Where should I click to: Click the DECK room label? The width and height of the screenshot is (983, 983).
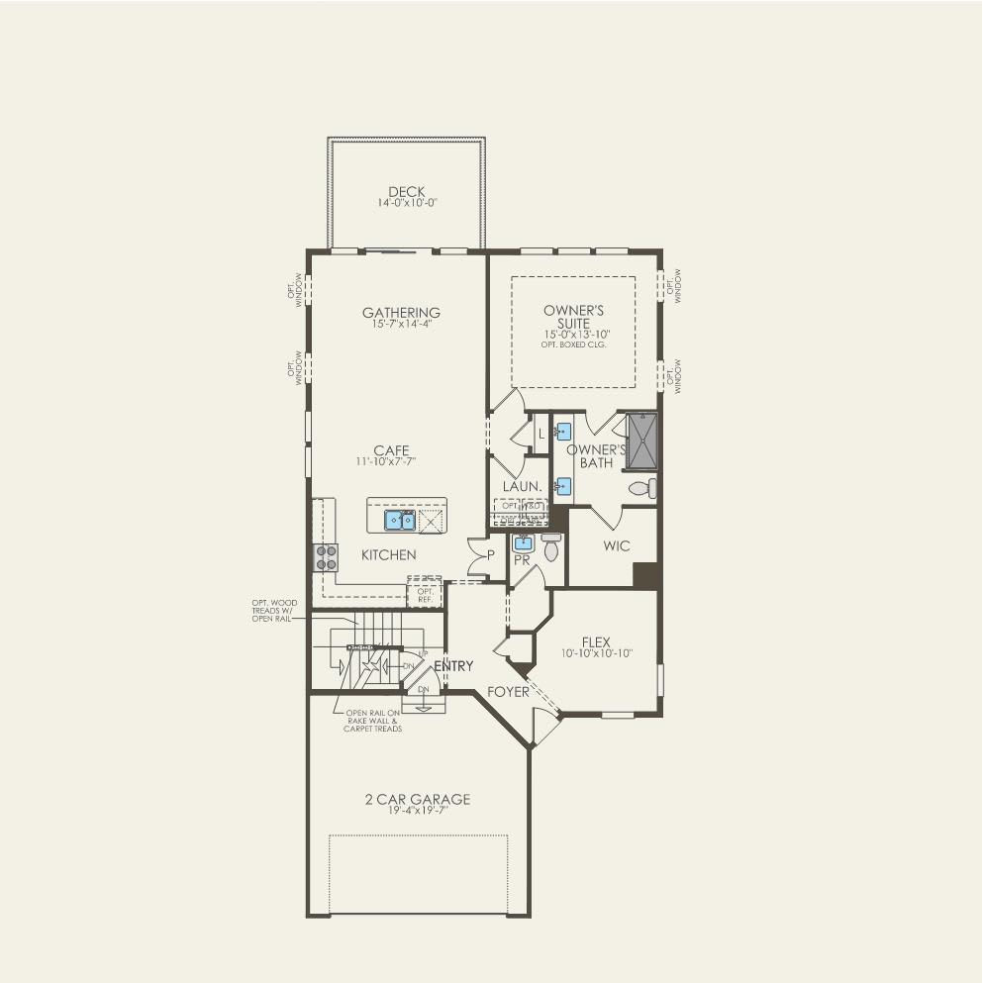tap(406, 192)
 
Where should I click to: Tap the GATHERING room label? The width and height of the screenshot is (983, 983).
tap(401, 313)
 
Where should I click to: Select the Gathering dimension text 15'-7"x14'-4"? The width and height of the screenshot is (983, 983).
tap(401, 325)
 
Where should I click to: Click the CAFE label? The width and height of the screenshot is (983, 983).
tap(391, 451)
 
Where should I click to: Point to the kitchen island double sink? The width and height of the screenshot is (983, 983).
tap(400, 520)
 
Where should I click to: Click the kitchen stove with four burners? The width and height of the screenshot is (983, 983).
tap(326, 557)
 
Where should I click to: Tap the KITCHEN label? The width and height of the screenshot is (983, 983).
tap(388, 555)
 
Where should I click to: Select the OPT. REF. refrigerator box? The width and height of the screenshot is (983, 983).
tap(425, 592)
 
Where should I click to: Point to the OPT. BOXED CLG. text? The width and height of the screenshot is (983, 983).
tap(573, 344)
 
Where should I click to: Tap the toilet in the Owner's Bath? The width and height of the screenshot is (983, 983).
tap(641, 488)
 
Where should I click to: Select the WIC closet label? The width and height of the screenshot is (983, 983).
tap(616, 546)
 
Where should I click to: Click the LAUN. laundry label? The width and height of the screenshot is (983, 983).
tap(521, 486)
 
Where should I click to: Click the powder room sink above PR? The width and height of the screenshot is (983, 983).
tap(523, 543)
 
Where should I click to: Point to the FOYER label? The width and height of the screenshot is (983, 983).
tap(508, 692)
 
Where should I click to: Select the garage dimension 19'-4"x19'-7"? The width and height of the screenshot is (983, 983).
tap(418, 811)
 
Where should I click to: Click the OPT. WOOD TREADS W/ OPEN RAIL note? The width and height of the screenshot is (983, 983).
tap(274, 610)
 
